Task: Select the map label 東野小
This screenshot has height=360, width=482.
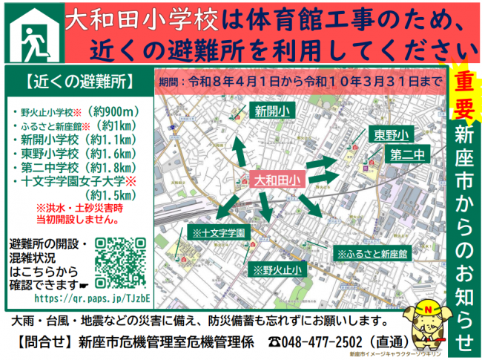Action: pyautogui.click(x=391, y=135)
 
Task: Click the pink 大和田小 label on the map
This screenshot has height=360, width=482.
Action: pyautogui.click(x=275, y=180)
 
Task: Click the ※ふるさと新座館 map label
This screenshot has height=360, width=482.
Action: pyautogui.click(x=372, y=253)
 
